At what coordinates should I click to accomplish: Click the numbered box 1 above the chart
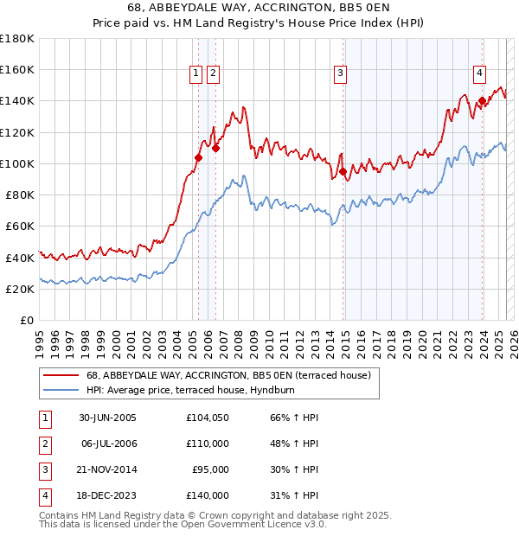(196, 74)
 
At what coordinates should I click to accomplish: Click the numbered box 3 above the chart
(341, 74)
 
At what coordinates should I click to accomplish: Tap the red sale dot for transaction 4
(482, 100)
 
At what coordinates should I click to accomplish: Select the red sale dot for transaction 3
(343, 171)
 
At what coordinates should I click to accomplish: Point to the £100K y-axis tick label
(17, 163)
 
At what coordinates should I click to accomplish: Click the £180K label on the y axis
(17, 39)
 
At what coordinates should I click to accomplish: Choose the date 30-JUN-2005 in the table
(107, 418)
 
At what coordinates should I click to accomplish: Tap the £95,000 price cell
(210, 471)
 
